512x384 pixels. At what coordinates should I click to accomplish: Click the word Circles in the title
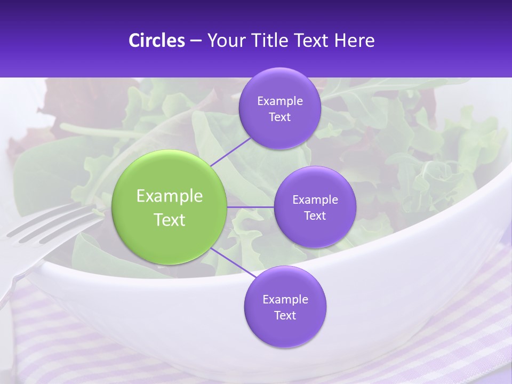point(157,41)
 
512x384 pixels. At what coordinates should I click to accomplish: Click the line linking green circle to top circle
point(231,151)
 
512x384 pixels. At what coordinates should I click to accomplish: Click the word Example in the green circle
point(170,196)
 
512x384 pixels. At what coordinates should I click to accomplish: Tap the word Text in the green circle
point(170,220)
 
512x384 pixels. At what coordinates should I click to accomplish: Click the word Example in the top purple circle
point(279,101)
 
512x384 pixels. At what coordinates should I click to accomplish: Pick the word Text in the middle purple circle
point(315,216)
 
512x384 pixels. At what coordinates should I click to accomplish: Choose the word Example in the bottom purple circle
point(285,300)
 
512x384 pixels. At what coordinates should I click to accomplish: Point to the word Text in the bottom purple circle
point(285,316)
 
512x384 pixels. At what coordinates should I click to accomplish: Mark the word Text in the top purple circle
point(279,117)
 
